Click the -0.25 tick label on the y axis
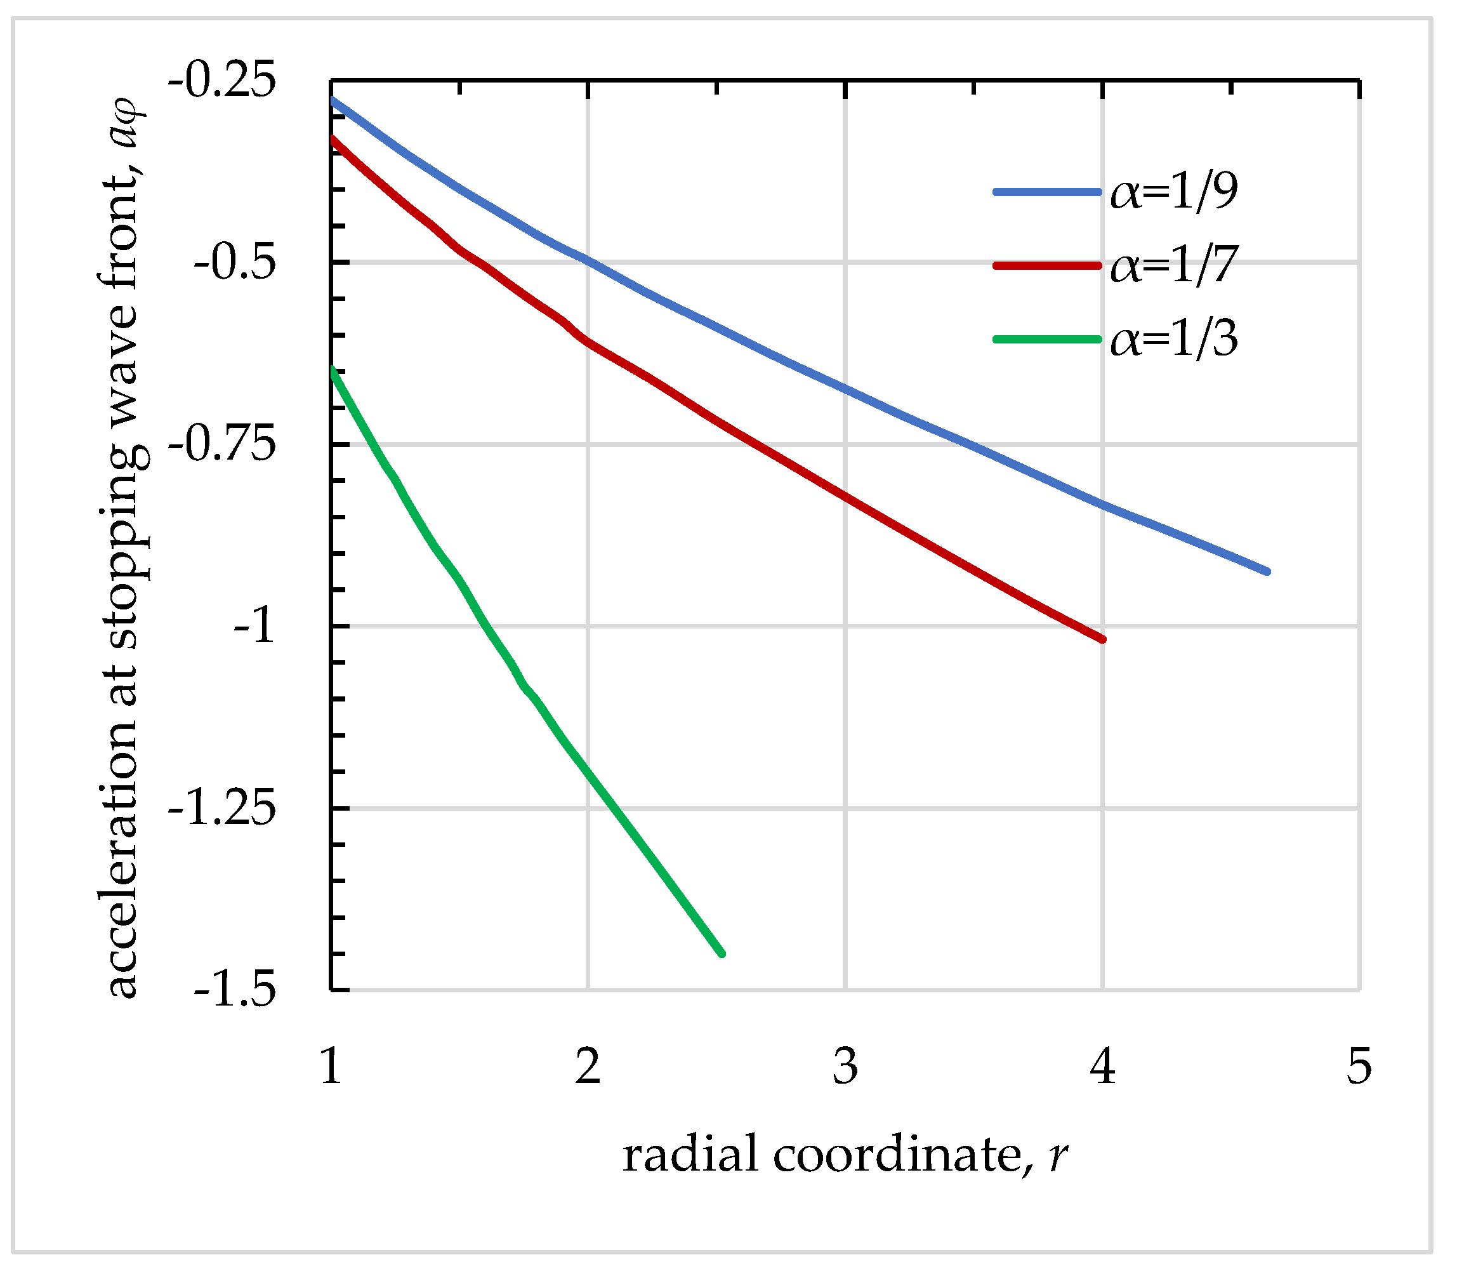click(221, 80)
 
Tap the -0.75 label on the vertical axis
click(221, 445)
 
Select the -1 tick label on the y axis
click(253, 627)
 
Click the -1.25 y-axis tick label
click(221, 809)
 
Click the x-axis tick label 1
click(331, 1067)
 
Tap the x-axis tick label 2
click(588, 1067)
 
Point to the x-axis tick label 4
click(1102, 1067)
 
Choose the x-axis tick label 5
click(1359, 1067)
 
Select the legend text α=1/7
click(1174, 265)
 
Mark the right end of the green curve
click(722, 954)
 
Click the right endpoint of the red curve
click(1102, 639)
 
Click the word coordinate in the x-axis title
click(897, 1154)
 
